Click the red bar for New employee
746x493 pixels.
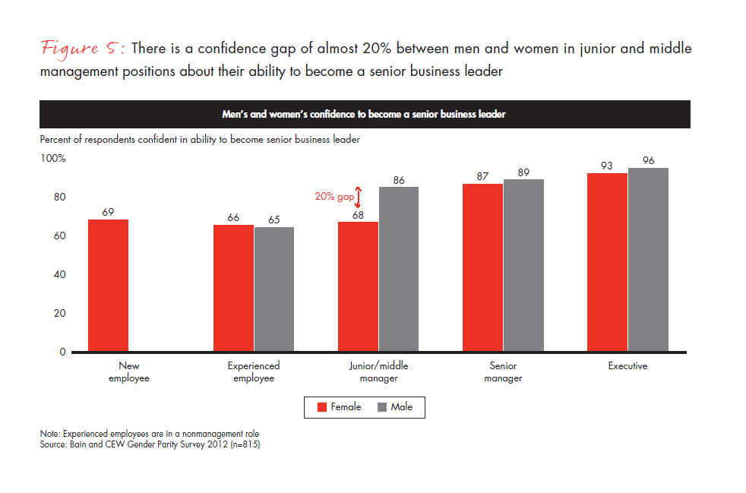(x=108, y=286)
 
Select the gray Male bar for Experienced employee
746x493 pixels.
(x=274, y=289)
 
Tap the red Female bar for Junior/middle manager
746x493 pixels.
(x=358, y=287)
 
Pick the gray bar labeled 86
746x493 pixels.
(x=399, y=270)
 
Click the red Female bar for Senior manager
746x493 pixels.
(x=482, y=268)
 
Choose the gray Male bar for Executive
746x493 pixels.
(x=648, y=260)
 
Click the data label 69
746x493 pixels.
(x=108, y=212)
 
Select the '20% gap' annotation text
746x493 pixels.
(x=334, y=197)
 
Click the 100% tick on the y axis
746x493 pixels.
(x=53, y=159)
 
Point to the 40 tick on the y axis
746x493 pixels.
(x=58, y=275)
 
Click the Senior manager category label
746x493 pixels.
(x=503, y=371)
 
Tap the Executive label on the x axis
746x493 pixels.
(x=627, y=366)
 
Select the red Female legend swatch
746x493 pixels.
(x=322, y=407)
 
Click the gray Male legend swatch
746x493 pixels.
(x=381, y=407)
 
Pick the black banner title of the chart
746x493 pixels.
(x=365, y=115)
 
